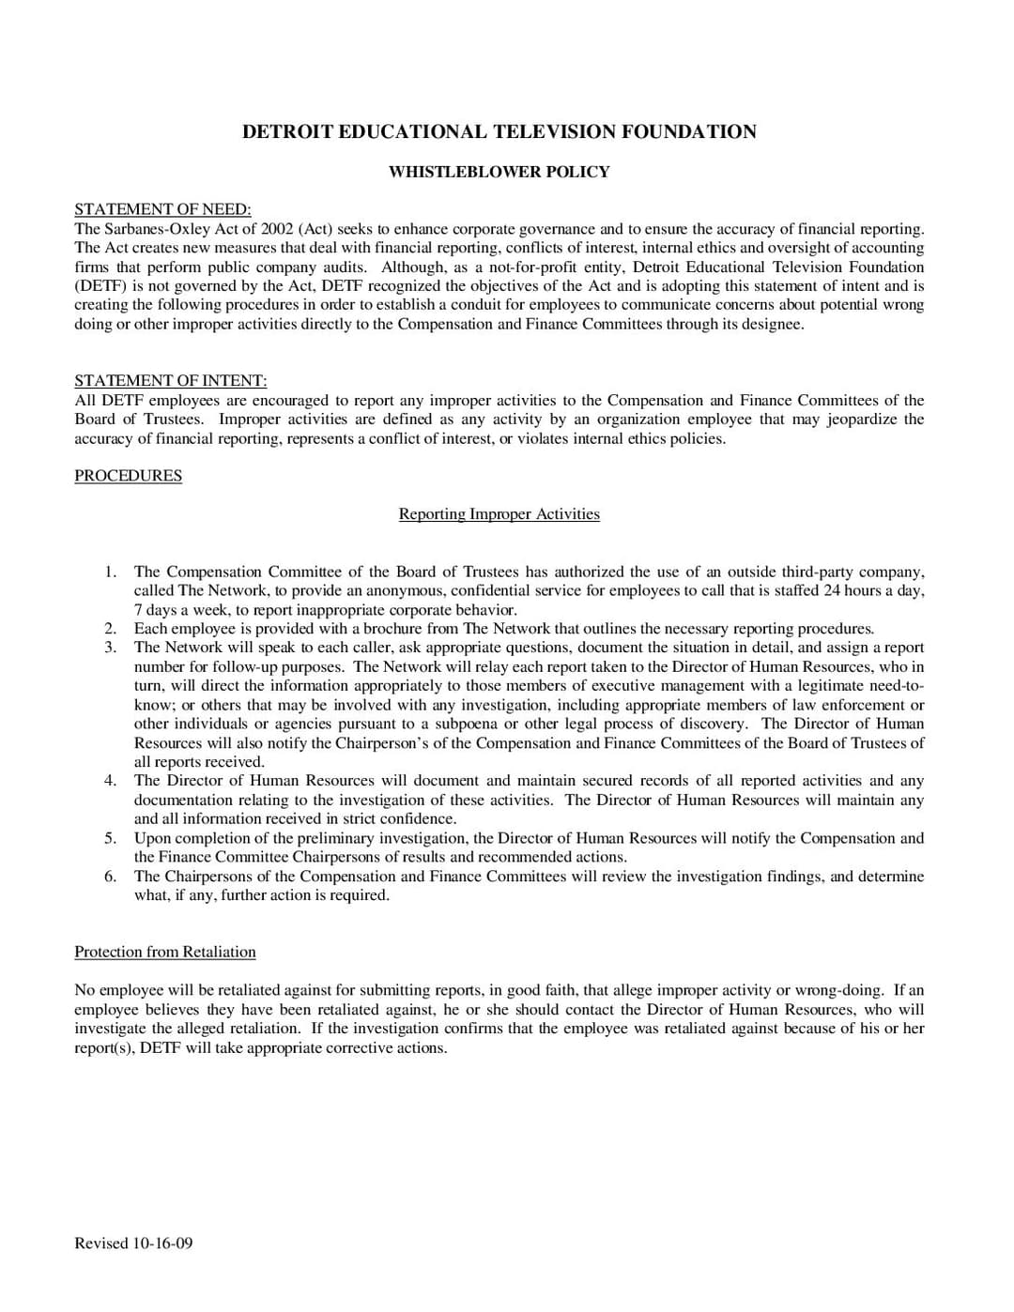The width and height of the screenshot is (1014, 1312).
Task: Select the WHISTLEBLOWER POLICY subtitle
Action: click(499, 172)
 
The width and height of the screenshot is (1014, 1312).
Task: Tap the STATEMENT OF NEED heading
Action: click(162, 209)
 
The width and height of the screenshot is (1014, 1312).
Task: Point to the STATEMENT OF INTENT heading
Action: click(170, 380)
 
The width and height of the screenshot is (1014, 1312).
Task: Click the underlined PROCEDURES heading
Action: click(128, 476)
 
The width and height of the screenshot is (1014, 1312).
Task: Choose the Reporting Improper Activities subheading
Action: click(499, 514)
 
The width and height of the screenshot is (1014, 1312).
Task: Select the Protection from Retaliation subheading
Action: click(165, 952)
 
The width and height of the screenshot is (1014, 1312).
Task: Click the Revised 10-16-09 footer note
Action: click(133, 1243)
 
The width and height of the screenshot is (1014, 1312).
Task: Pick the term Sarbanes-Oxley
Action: click(152, 229)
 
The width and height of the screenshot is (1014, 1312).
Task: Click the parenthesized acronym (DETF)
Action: click(100, 286)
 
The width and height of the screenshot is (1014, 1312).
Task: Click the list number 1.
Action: click(111, 572)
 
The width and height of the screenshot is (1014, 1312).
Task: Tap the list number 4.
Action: click(111, 781)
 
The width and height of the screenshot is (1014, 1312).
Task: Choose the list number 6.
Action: click(111, 877)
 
